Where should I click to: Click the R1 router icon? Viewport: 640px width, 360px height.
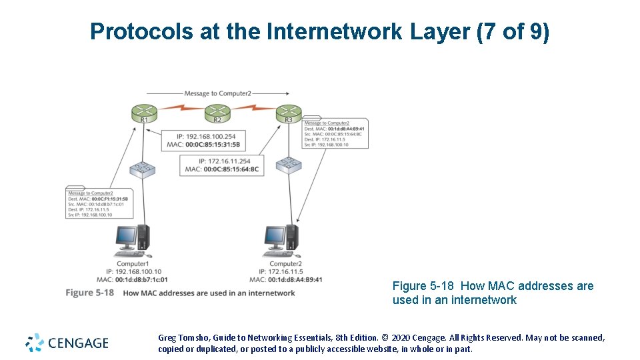(144, 112)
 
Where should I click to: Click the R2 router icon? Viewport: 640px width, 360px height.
(217, 112)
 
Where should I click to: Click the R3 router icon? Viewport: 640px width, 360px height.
(288, 112)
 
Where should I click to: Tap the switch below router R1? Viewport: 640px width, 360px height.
(142, 169)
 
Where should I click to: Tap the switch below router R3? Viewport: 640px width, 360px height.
(289, 163)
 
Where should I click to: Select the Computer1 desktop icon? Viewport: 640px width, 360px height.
(132, 241)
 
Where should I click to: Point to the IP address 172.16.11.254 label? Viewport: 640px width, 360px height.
(225, 161)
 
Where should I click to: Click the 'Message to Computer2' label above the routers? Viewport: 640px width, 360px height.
(217, 94)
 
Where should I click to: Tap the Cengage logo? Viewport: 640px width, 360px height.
(67, 343)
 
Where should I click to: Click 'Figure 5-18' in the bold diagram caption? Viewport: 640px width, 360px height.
(89, 293)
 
